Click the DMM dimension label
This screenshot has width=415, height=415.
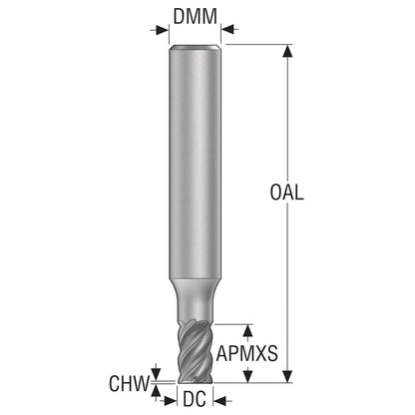pos(195,17)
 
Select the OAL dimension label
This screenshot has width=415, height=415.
pos(286,193)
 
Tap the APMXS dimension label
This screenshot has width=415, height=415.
pos(246,353)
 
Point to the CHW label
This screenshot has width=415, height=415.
pos(130,383)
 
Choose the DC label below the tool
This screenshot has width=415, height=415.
pos(195,399)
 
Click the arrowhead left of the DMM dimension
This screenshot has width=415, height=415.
pos(162,30)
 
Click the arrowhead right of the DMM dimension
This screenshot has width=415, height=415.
pos(228,30)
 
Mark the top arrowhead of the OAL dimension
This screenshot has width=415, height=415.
pos(288,51)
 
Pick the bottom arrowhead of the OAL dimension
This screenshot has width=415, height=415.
pos(288,376)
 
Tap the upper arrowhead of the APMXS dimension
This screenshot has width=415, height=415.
pos(247,331)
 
